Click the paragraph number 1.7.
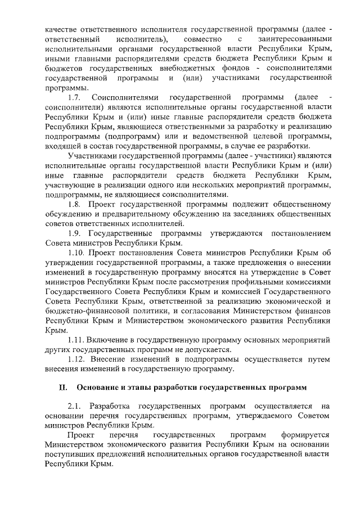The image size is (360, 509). [75, 98]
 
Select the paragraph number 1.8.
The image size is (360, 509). [75, 204]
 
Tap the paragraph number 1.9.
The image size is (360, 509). [75, 233]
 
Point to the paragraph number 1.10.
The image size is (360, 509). [77, 253]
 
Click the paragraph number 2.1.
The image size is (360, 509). [75, 406]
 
